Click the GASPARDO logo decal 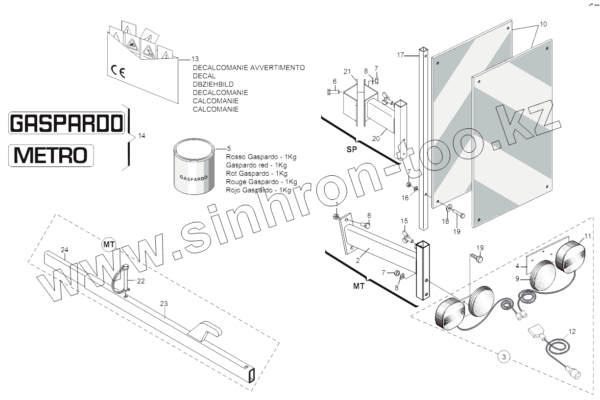tap(67, 122)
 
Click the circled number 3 tap(504, 357)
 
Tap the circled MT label tap(108, 243)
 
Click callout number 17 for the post tap(400, 55)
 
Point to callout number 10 tap(543, 24)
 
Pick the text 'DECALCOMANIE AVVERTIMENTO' tap(249, 68)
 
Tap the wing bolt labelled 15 tap(406, 236)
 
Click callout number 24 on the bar tap(64, 250)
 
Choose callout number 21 tap(347, 72)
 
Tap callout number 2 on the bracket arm tap(358, 260)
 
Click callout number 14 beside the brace tap(142, 136)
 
